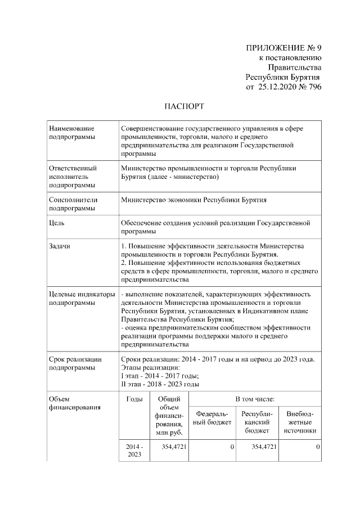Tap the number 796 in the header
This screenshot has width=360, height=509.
[314, 87]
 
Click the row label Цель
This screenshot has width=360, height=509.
[57, 223]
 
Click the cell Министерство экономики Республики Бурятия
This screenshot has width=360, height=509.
[193, 200]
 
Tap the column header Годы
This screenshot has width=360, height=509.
[134, 399]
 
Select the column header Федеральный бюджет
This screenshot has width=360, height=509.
[212, 418]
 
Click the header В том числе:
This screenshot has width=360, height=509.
[254, 399]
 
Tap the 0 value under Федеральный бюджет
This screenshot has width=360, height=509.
[232, 447]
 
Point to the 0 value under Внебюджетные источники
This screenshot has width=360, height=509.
[318, 447]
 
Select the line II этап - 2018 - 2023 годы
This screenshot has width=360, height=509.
[160, 385]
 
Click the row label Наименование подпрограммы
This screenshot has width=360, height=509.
[72, 133]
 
